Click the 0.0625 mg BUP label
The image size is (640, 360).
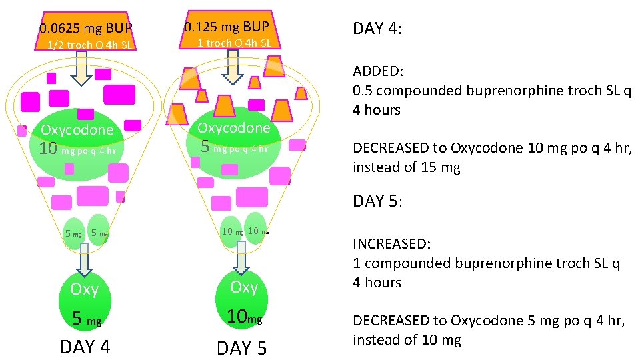86,29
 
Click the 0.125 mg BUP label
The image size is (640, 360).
227,27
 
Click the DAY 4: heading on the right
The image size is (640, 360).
377,29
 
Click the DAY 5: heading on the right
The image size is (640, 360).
377,201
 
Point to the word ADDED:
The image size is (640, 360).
378,71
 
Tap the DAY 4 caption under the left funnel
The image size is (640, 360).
85,347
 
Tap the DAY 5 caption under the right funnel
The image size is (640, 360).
242,348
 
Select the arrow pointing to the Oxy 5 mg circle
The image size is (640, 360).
84,258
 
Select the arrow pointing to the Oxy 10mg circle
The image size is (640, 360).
241,255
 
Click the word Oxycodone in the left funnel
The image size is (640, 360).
77,130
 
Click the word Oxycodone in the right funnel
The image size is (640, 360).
233,127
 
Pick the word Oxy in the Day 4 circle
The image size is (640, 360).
84,289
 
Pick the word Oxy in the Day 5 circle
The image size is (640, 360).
243,287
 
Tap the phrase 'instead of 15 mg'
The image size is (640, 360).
406,167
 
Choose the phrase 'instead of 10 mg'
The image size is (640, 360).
407,340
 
